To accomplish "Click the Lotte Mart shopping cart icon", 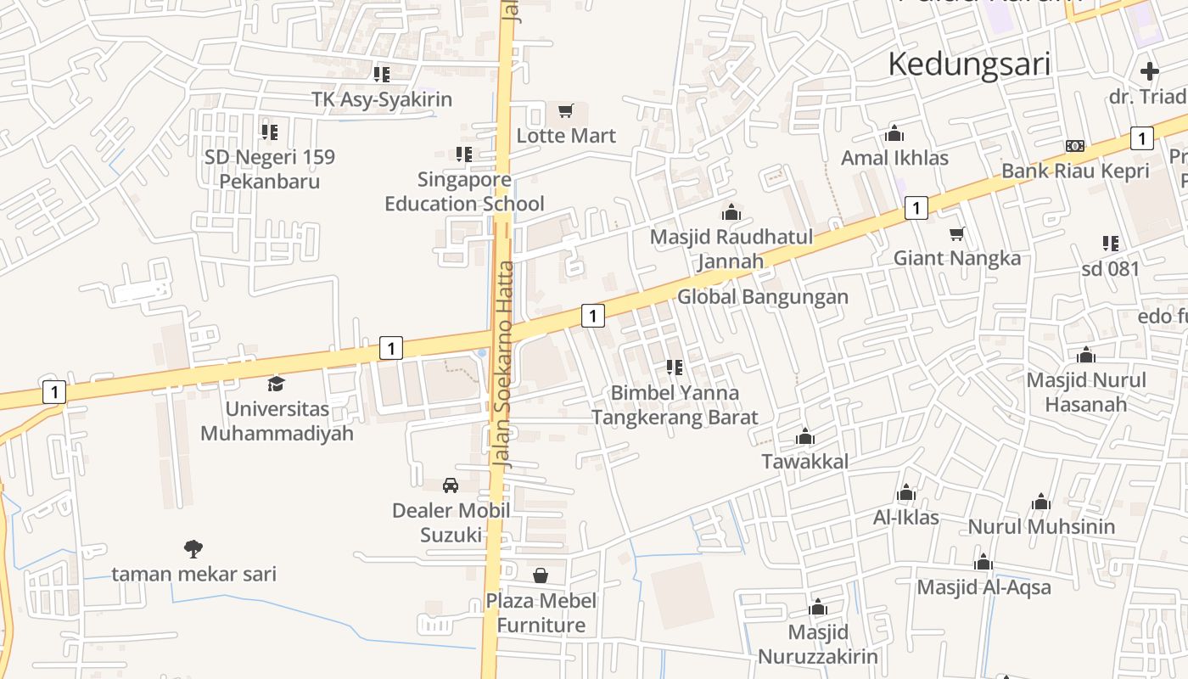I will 566,110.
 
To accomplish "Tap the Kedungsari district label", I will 969,65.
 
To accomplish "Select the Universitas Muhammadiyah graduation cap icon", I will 276,384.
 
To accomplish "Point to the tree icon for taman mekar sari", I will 193,548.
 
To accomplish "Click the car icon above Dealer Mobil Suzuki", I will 451,485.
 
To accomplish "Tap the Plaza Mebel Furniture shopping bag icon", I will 541,575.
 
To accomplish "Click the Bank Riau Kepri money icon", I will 1075,146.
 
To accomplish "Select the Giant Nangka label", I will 956,258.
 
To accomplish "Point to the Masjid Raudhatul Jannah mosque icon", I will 731,212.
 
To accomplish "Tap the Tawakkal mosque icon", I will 804,437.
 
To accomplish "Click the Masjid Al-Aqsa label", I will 983,587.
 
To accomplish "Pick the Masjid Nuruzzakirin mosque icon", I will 818,608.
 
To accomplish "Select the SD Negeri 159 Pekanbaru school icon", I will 270,132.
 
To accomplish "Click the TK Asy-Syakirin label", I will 382,99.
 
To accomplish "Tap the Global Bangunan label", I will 762,297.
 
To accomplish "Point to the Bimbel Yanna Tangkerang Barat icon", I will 675,368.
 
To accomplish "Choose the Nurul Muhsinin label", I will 1041,527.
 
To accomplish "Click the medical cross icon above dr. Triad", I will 1150,71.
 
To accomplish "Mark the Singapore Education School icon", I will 463,154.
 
